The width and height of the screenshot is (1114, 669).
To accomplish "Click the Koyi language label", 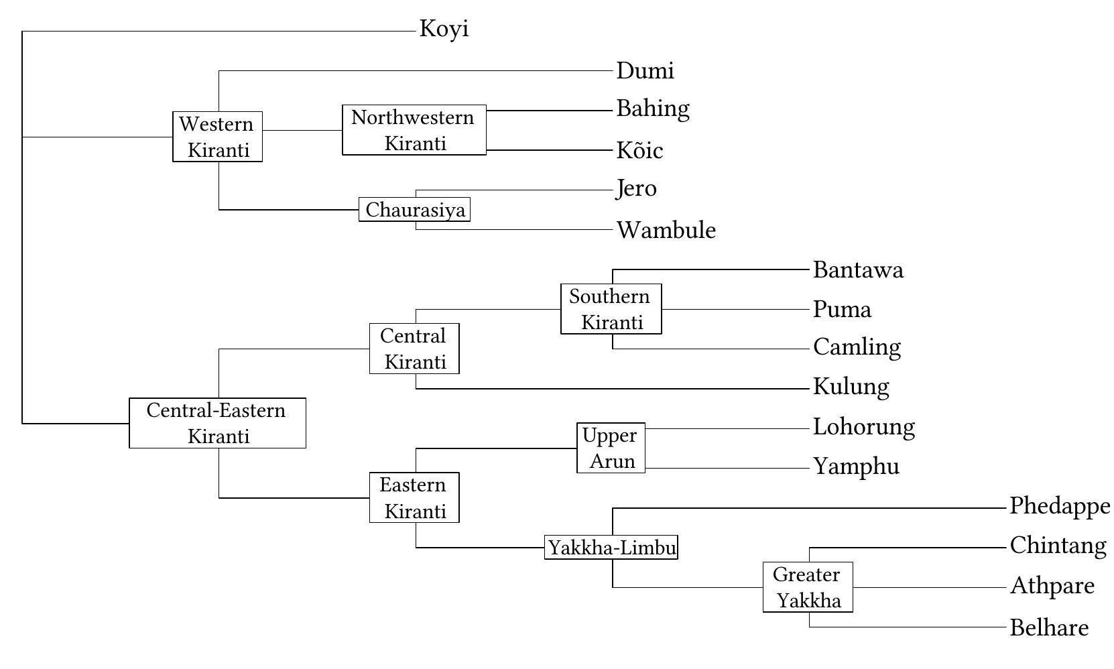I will pyautogui.click(x=444, y=29).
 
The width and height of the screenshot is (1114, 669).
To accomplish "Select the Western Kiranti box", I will pyautogui.click(x=217, y=137).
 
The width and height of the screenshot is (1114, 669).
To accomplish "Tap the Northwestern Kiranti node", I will pyautogui.click(x=414, y=130).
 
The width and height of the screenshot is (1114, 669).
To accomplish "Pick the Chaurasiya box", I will pyautogui.click(x=414, y=210).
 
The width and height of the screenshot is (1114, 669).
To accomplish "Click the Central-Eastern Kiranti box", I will pyautogui.click(x=217, y=423).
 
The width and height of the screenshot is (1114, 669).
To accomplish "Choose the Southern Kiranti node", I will pyautogui.click(x=611, y=309).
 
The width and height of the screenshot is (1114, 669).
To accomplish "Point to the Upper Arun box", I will pyautogui.click(x=611, y=448).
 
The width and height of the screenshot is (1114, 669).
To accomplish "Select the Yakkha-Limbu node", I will pyautogui.click(x=611, y=548).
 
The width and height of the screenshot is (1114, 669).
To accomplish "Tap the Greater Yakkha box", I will pyautogui.click(x=808, y=587).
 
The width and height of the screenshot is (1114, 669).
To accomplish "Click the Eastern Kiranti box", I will pyautogui.click(x=414, y=497).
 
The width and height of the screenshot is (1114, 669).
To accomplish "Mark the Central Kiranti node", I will pyautogui.click(x=414, y=349).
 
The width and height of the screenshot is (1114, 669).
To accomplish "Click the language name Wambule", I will pyautogui.click(x=666, y=231).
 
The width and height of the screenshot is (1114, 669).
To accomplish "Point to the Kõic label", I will pyautogui.click(x=639, y=150).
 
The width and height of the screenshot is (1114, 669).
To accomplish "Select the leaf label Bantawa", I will pyautogui.click(x=858, y=270).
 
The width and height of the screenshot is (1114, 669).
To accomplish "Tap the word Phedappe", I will pyautogui.click(x=1059, y=506).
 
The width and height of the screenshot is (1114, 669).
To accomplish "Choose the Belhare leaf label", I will pyautogui.click(x=1049, y=628).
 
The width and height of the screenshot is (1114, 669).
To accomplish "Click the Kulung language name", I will pyautogui.click(x=851, y=387).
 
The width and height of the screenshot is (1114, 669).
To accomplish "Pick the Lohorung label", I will pyautogui.click(x=863, y=427).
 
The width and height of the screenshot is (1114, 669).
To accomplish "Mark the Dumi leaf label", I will pyautogui.click(x=645, y=71).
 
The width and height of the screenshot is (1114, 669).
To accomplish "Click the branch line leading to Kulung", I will pyautogui.click(x=603, y=388).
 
